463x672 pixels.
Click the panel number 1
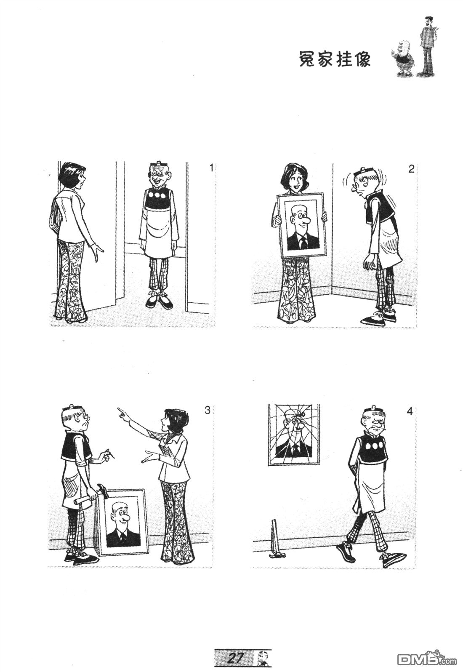[211, 168]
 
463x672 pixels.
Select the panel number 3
[207, 410]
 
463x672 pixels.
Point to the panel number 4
[410, 411]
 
